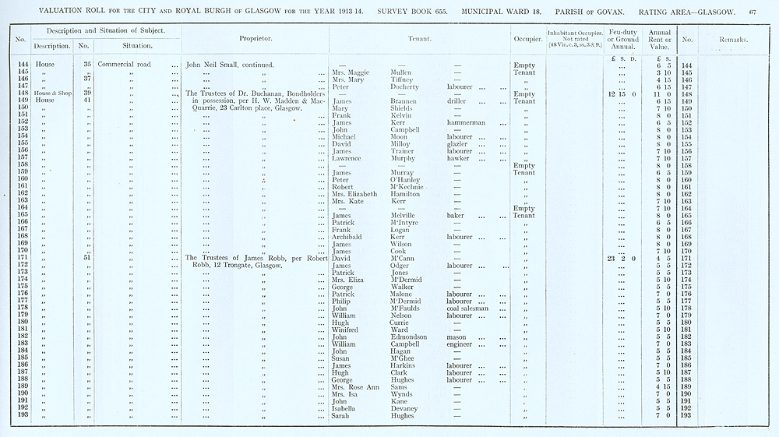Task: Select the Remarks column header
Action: pos(733,39)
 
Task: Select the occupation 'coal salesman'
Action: pos(468,308)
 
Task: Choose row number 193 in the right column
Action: pos(686,415)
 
